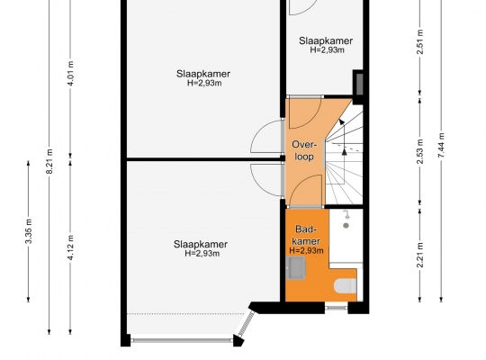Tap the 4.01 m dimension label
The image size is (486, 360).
coord(71,74)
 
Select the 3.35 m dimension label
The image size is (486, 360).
coord(29,231)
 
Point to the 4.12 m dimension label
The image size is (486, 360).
coord(71,247)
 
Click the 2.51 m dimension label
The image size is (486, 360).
coord(420,42)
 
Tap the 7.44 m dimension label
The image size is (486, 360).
coord(441,145)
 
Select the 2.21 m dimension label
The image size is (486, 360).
coord(420,255)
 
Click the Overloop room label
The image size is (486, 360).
coord(305,150)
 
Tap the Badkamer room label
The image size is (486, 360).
coord(306,235)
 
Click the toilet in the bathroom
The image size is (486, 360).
coord(346,285)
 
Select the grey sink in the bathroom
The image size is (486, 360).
coord(296,268)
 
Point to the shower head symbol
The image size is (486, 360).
coord(346,219)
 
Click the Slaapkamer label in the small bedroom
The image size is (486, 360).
coord(326,40)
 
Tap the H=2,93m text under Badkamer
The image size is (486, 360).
coord(307,250)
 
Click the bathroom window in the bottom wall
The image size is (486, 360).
coord(337,308)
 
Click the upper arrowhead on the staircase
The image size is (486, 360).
coord(342,121)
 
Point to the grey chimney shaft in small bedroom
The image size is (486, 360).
coord(359,85)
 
